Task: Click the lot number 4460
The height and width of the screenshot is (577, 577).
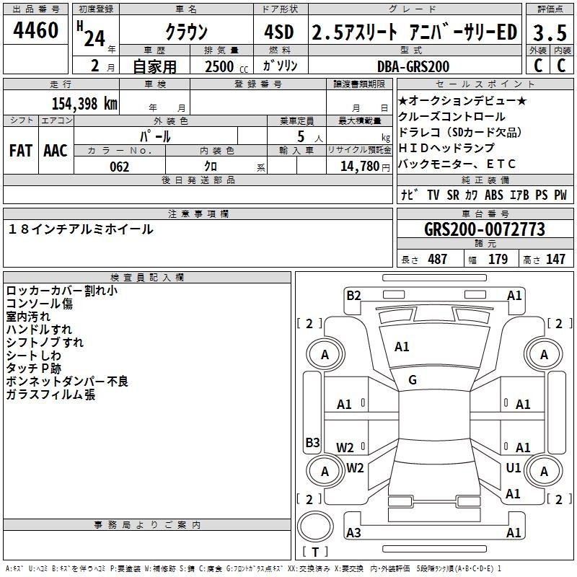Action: [x=35, y=30]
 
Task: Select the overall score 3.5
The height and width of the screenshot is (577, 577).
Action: [x=550, y=32]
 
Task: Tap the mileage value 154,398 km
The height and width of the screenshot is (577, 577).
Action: [x=84, y=104]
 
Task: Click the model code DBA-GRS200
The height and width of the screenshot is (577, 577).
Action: [x=413, y=66]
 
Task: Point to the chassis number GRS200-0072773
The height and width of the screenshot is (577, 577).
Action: [x=485, y=229]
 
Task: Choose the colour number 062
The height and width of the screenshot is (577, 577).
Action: [x=120, y=167]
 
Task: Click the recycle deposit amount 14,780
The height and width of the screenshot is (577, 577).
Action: [x=359, y=167]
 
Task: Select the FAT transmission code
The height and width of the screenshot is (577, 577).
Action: [x=21, y=151]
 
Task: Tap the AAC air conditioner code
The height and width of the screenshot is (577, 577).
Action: [x=56, y=151]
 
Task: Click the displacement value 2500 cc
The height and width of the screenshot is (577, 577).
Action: [x=226, y=66]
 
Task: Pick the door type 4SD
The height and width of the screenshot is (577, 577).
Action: [x=279, y=32]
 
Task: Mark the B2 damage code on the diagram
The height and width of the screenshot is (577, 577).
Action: [x=353, y=296]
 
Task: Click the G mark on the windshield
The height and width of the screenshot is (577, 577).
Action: [x=413, y=380]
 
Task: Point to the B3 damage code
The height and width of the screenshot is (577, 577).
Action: [x=313, y=442]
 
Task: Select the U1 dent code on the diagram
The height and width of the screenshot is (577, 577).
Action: [x=514, y=467]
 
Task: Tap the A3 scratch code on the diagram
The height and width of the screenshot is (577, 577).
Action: [x=353, y=532]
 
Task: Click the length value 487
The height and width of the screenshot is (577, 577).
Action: [x=438, y=259]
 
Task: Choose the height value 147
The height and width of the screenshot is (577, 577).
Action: [x=555, y=259]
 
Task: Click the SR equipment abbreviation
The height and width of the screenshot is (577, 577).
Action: [x=453, y=195]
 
